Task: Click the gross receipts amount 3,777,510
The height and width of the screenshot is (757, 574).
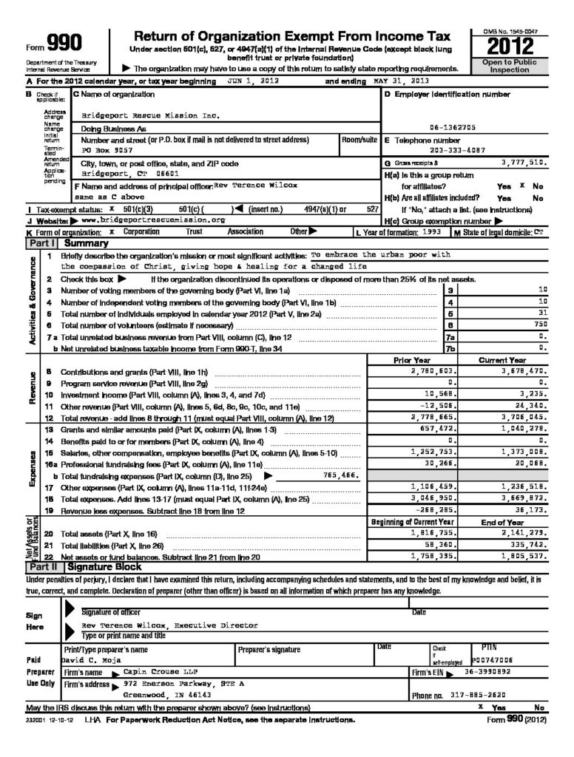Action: (523, 161)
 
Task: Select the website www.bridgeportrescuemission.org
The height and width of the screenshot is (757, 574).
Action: (152, 220)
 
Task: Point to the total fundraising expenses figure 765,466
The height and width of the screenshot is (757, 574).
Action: (340, 475)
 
